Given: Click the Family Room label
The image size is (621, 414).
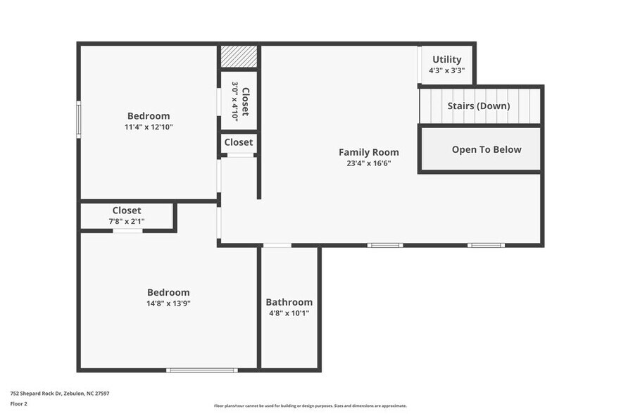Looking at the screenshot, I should [368, 152].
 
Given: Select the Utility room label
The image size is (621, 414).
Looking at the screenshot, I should [446, 60].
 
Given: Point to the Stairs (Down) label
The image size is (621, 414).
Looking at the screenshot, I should [479, 106].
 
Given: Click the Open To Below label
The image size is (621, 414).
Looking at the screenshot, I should [487, 149].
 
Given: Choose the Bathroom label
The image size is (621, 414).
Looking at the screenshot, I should [289, 302].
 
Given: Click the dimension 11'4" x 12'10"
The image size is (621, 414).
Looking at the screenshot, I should [149, 127].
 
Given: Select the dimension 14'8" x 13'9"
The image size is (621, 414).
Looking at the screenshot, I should [168, 303].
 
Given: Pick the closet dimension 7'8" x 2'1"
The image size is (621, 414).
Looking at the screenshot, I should [126, 221].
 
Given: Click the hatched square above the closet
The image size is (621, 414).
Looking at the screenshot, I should [239, 57].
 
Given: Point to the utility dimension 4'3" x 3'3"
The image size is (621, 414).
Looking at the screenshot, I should [446, 70].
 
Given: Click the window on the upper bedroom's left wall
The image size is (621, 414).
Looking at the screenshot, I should [79, 119].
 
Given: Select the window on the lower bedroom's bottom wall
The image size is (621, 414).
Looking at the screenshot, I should [201, 370].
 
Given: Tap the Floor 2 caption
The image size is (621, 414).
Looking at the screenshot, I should [19, 403].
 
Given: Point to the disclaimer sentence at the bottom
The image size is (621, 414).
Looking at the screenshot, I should [310, 406].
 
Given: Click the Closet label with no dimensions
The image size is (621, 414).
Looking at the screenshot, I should [239, 142].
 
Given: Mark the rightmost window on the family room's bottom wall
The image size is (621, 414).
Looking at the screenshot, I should [486, 245].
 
